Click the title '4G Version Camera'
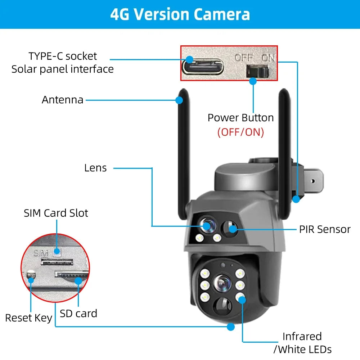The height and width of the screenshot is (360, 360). (180, 14)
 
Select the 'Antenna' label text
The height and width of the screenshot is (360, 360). (62, 100)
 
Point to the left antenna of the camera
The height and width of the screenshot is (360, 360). (184, 151)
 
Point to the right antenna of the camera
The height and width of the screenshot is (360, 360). (285, 144)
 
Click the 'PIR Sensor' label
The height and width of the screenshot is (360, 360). (325, 229)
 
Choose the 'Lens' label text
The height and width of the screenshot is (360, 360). (95, 168)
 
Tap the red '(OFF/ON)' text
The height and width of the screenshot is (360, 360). (240, 132)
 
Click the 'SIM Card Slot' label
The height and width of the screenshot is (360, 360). (56, 213)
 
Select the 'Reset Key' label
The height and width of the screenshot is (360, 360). (28, 318)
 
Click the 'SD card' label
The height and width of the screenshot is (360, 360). (78, 313)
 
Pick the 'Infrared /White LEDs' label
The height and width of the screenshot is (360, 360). (302, 342)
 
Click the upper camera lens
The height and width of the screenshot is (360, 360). (207, 225)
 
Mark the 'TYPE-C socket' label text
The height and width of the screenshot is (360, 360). (63, 56)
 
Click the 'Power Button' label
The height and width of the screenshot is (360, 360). (240, 118)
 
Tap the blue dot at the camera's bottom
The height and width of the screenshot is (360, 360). (231, 327)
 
